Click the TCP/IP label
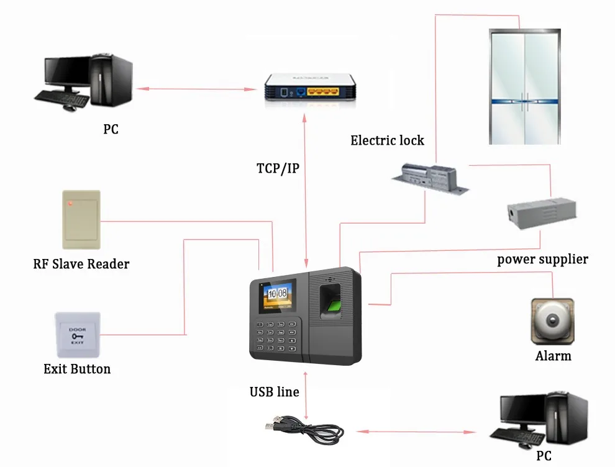pyautogui.click(x=278, y=168)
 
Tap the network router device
pyautogui.click(x=309, y=87)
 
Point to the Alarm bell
pyautogui.click(x=552, y=321)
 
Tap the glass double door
pyautogui.click(x=526, y=88)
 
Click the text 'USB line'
pyautogui.click(x=274, y=392)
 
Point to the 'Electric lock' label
pyautogui.click(x=387, y=140)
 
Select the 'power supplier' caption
pyautogui.click(x=542, y=259)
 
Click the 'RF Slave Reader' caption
pyautogui.click(x=81, y=264)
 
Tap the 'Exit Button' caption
pyautogui.click(x=77, y=369)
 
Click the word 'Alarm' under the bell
pyautogui.click(x=553, y=356)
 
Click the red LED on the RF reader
pyautogui.click(x=70, y=202)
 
